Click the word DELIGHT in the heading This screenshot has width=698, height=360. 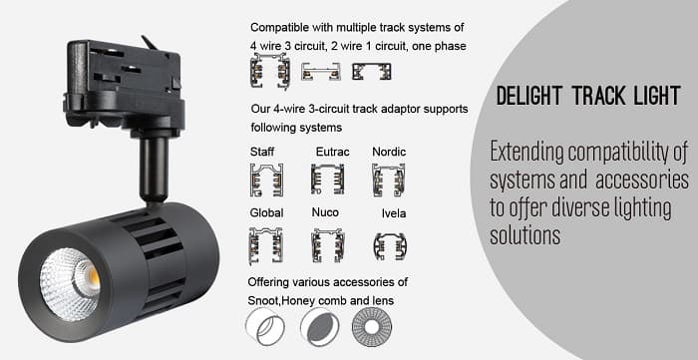[529, 95]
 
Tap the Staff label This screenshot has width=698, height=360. [261, 152]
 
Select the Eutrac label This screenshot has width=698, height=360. [332, 152]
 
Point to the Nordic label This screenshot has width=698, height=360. [389, 152]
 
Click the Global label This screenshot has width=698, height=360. [266, 212]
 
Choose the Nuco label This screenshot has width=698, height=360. [325, 212]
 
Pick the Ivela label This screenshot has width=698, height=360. [394, 213]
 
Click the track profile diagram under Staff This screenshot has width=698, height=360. [266, 180]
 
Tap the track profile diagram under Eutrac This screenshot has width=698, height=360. [327, 179]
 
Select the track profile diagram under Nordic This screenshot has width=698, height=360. [388, 180]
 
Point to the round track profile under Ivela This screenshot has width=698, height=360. [390, 246]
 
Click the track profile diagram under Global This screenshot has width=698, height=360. [266, 245]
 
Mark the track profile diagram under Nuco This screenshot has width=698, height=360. [327, 245]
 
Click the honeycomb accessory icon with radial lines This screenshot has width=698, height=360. [372, 327]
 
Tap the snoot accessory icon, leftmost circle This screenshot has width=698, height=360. [265, 327]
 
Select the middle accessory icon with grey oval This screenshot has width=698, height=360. [320, 327]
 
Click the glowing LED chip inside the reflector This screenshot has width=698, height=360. [93, 278]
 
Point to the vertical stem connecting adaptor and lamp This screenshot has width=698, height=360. [155, 168]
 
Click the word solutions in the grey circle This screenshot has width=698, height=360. [524, 235]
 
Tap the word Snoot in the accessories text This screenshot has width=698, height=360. [262, 301]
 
